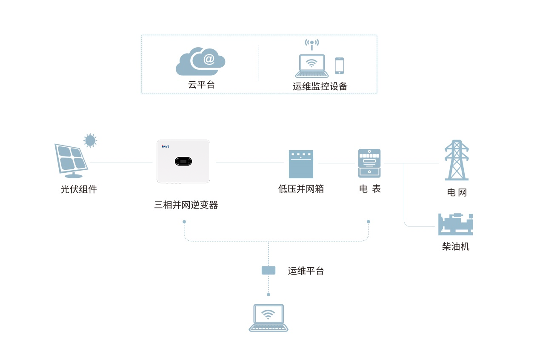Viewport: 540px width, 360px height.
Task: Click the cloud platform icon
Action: click(200, 62)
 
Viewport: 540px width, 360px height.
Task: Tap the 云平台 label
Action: click(201, 85)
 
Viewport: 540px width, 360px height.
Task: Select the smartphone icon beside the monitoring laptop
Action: click(339, 66)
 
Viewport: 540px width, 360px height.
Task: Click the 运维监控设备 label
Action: click(320, 87)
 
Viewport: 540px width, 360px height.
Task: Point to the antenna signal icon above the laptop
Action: click(312, 44)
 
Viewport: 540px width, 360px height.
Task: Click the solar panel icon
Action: click(71, 160)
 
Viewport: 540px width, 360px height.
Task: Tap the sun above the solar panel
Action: click(90, 140)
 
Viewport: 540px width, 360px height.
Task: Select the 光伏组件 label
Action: click(79, 189)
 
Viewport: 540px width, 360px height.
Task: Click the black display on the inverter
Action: click(183, 162)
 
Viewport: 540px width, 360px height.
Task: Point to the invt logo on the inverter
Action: click(166, 146)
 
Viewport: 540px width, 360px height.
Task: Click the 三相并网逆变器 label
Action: click(186, 205)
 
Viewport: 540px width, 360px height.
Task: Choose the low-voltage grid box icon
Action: click(301, 164)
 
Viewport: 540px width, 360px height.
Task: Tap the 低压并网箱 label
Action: click(301, 189)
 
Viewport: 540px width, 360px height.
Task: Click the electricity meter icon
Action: click(369, 163)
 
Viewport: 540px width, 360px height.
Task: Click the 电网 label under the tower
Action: click(457, 192)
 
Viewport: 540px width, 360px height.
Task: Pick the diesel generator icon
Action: click(455, 224)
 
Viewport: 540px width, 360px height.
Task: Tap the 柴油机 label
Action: click(455, 246)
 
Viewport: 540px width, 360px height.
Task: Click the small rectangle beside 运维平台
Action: click(268, 270)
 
